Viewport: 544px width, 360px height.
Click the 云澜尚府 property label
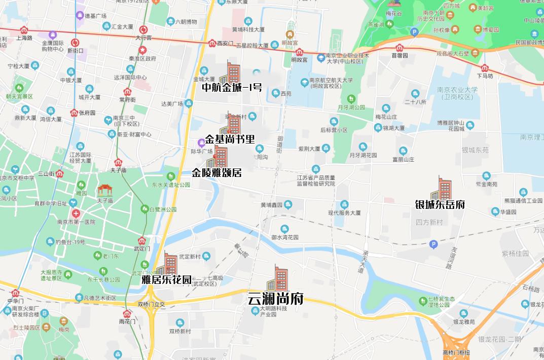pos(275,299)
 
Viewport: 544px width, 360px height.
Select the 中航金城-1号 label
pos(232,88)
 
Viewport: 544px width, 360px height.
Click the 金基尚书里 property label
pos(230,139)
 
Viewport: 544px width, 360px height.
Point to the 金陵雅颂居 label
pos(216,173)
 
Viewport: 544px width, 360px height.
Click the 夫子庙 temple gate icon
pos(105,190)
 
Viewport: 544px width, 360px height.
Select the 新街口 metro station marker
pos(75,43)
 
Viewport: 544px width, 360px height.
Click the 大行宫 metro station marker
pos(143,30)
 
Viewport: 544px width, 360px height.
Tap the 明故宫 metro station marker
pos(299,52)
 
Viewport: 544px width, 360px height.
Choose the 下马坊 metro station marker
pos(485,68)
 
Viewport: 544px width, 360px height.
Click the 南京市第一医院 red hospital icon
pos(75,213)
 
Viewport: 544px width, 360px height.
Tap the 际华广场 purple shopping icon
pos(201,142)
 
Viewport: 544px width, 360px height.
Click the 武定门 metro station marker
pos(141,240)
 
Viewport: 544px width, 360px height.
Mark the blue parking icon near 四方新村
pos(433,244)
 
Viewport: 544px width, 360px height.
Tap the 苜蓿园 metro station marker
pos(400,48)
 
